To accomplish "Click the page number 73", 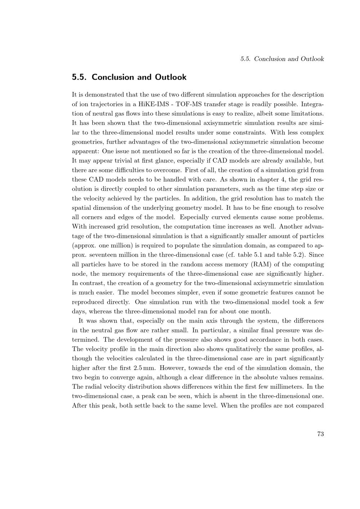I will pos(320,434).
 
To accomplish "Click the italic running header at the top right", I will pos(282,59).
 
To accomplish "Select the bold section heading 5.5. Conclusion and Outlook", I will pos(129,77).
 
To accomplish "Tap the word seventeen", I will pos(102,255).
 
